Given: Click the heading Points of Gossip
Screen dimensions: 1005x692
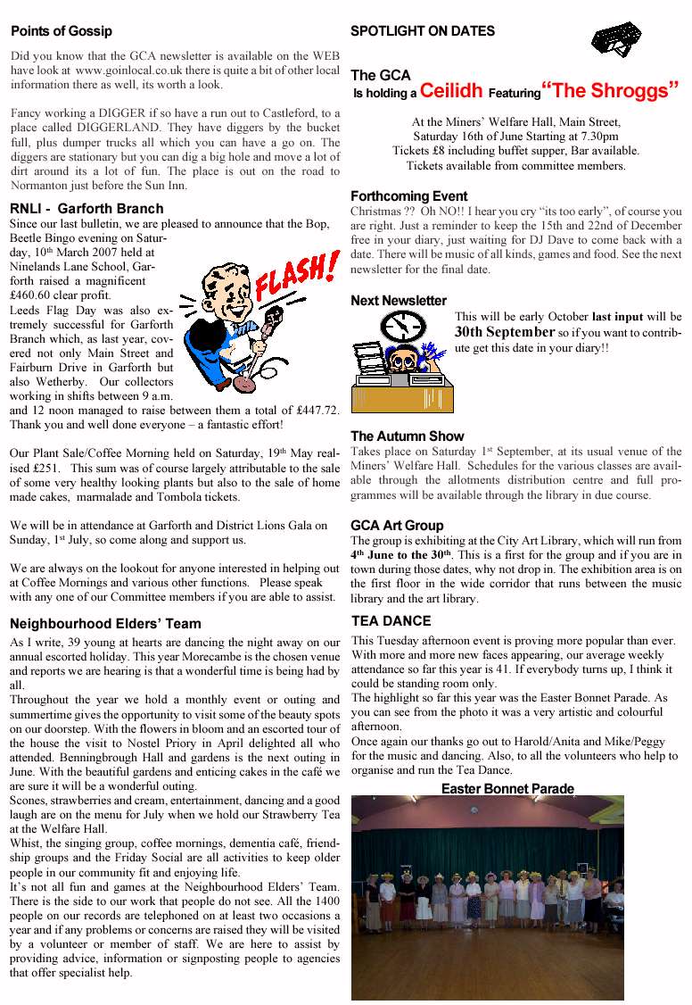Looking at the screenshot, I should tap(62, 31).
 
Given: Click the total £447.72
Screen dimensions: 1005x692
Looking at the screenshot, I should tap(312, 410).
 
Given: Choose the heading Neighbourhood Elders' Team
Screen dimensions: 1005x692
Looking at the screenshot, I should tap(105, 624).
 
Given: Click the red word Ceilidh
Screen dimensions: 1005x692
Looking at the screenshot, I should tap(451, 90).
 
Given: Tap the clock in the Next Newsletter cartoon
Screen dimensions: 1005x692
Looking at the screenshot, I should tap(400, 326).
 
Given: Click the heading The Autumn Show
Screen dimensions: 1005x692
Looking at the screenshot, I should tap(408, 436).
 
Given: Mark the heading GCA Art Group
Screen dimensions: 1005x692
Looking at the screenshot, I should tap(397, 526).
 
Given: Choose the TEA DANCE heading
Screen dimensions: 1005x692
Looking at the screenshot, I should tap(391, 621).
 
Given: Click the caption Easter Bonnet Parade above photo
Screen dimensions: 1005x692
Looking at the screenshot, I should tap(507, 789).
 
